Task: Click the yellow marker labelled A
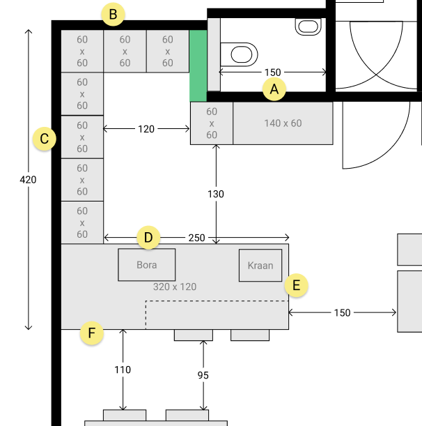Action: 274,89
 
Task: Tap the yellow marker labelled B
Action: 114,15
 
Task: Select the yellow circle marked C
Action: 45,139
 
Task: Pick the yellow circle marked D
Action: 148,238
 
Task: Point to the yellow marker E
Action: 297,286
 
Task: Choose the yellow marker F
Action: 92,333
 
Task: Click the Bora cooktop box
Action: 147,265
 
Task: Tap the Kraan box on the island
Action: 260,266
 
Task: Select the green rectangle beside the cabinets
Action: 198,66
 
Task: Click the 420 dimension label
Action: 29,180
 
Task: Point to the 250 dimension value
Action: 197,238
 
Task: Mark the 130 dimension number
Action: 216,194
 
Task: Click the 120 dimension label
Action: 146,129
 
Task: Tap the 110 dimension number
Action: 123,370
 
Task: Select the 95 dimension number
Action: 203,376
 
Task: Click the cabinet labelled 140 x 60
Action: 283,123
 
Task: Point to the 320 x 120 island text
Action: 175,287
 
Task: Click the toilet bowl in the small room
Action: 239,54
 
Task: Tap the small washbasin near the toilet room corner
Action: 308,26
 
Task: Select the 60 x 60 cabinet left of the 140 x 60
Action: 212,123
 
